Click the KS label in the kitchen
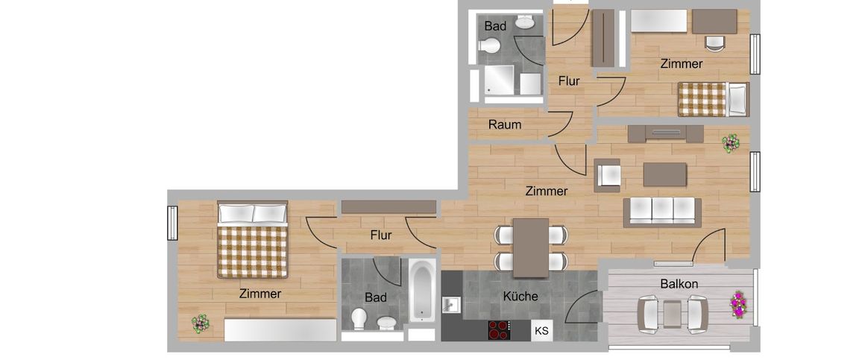pos(541,330)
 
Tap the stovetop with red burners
pos(498,330)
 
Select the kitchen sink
pos(451,305)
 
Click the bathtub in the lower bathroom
pos(421,291)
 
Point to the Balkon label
pos(679,284)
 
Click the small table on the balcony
pos(673,313)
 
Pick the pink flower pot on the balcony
pos(738,304)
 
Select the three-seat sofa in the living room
pos(662,212)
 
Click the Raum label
pos(505,124)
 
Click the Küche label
pos(520,296)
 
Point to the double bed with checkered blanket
pos(253,240)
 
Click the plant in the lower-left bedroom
pos(200,323)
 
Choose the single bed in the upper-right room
pos(712,99)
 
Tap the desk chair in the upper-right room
pos(714,43)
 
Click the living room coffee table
pos(664,174)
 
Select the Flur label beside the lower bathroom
pos(380,235)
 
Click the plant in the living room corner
pos(730,143)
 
